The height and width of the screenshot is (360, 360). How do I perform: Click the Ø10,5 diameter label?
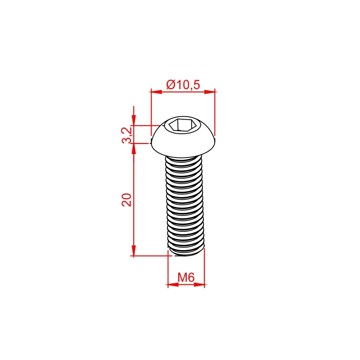(183, 85)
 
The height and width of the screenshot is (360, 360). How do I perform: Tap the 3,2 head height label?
(127, 135)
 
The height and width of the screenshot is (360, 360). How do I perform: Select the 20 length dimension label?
(126, 200)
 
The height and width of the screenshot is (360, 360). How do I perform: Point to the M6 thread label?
(186, 277)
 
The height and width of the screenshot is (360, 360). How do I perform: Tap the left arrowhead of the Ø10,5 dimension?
(156, 92)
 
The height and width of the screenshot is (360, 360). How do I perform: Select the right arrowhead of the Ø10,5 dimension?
(210, 92)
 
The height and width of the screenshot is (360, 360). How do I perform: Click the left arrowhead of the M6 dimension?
(173, 285)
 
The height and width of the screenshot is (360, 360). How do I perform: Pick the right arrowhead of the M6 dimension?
(199, 285)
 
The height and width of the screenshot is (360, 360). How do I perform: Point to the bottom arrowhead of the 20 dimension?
(134, 251)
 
